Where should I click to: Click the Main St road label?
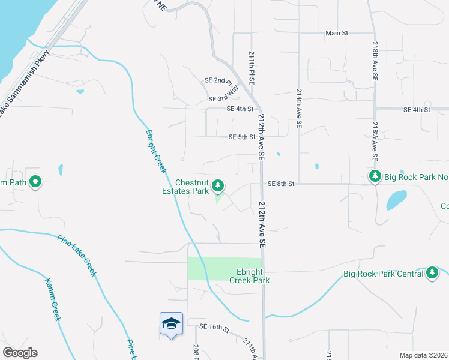tap(336, 33)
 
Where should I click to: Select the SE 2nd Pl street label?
tap(218, 80)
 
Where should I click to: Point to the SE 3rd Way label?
tap(223, 94)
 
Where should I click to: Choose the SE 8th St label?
tap(281, 184)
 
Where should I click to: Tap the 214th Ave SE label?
tap(299, 107)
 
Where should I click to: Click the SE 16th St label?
tap(217, 328)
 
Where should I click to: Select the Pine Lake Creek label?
tap(77, 254)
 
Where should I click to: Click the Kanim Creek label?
tap(53, 299)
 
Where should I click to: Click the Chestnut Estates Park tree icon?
tap(218, 184)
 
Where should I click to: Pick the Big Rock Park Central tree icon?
tap(432, 273)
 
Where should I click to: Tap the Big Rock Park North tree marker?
tap(375, 176)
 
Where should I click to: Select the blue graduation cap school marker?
tap(171, 323)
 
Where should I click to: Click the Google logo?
tap(20, 353)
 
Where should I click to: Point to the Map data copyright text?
tap(423, 355)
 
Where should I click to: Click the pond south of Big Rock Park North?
tap(396, 200)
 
